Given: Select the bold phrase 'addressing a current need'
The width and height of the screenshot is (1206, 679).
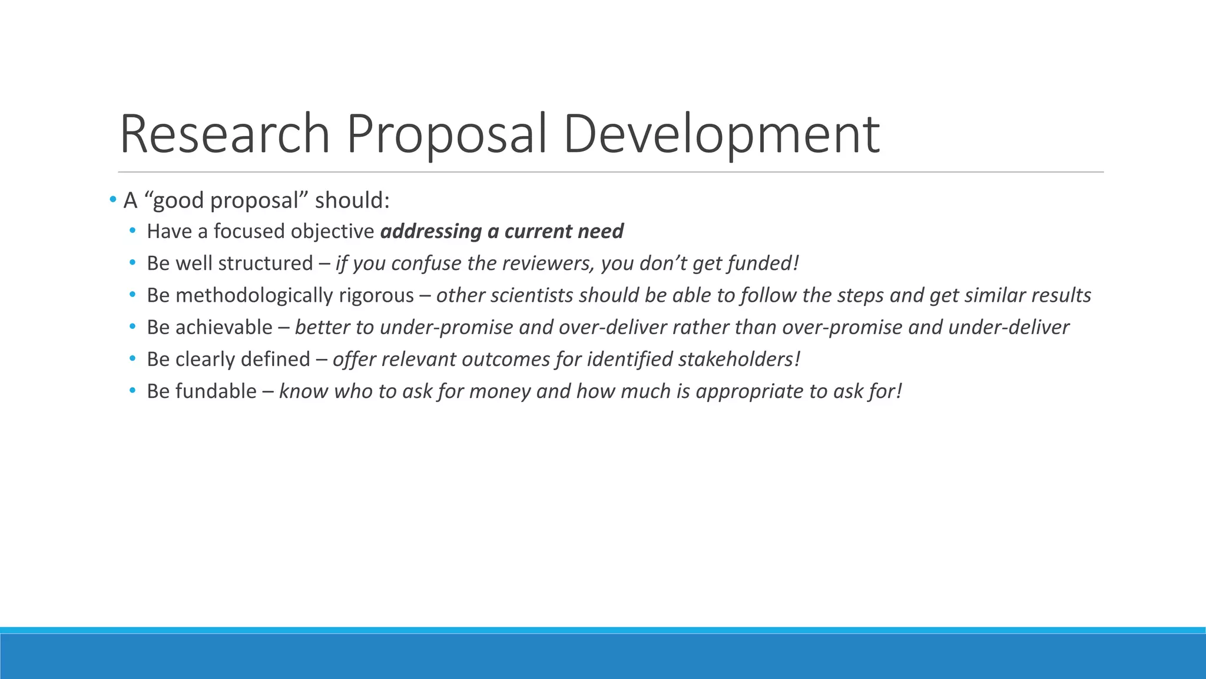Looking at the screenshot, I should pos(502,231).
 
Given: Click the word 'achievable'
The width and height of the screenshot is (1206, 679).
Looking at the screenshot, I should pos(224,327).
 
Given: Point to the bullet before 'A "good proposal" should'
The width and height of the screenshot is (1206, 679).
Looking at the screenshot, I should pos(112,200).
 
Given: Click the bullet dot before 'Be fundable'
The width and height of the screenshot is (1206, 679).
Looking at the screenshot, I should pos(132,391).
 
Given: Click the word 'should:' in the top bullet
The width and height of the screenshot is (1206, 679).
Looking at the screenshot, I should pos(352,200).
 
